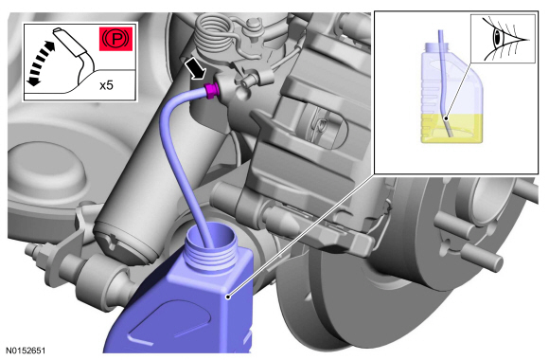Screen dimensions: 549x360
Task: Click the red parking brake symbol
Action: (x=115, y=39)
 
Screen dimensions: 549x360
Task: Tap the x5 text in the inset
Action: (x=106, y=85)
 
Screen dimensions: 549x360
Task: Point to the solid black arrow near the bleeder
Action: (x=196, y=69)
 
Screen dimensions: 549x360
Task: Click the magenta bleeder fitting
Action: (x=212, y=91)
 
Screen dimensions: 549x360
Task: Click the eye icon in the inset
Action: (x=505, y=39)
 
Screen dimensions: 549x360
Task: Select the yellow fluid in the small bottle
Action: (x=452, y=129)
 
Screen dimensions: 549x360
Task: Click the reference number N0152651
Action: (x=26, y=351)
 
